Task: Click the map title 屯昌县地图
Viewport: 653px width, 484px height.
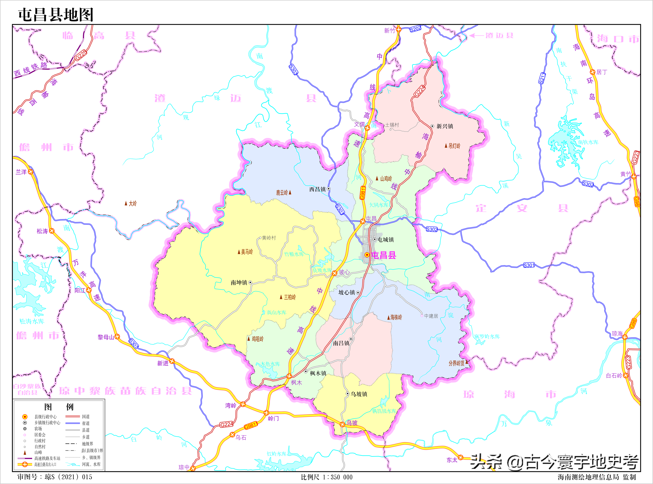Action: click(56, 15)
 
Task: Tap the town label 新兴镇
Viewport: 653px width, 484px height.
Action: click(445, 126)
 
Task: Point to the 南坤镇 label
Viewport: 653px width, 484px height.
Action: click(239, 282)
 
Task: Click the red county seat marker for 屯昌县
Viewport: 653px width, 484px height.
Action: click(367, 255)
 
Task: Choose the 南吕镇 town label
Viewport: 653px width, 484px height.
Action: click(341, 343)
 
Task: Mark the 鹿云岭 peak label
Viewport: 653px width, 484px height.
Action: click(282, 193)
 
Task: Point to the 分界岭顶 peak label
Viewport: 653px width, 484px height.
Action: click(456, 363)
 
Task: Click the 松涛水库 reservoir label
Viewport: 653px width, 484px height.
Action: click(32, 321)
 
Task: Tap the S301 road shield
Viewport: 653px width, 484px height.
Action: click(529, 265)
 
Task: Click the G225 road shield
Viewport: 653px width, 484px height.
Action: click(81, 55)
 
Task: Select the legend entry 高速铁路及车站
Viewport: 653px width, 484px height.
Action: click(47, 458)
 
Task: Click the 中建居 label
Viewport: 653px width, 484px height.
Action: click(431, 316)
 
